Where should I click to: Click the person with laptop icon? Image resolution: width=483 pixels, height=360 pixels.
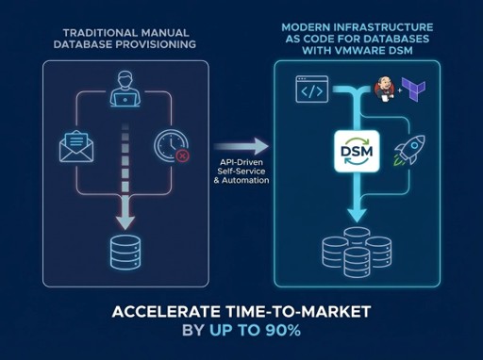[x=123, y=91]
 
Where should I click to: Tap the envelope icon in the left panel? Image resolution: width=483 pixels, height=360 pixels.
[x=75, y=146]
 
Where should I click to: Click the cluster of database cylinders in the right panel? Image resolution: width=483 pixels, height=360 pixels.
[x=358, y=248]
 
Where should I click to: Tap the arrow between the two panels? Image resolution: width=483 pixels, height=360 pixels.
[x=241, y=146]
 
